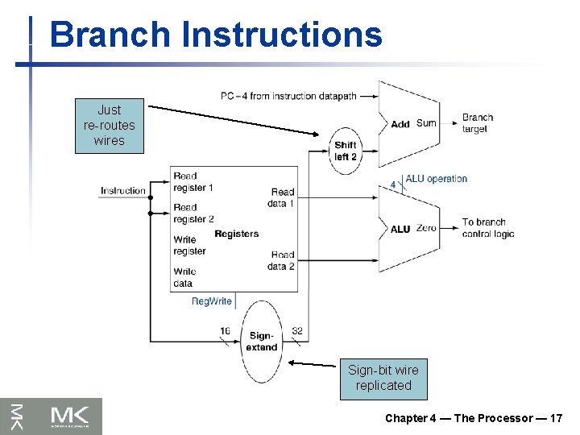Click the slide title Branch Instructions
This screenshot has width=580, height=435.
[216, 35]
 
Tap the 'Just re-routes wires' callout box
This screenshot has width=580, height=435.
[110, 126]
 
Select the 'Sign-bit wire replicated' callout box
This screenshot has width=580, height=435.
[383, 378]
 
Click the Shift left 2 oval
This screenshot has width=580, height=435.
[346, 151]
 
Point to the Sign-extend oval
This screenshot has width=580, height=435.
[261, 342]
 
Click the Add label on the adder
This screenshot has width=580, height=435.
[400, 124]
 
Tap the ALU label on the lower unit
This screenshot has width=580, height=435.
[400, 230]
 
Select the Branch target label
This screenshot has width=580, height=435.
[477, 123]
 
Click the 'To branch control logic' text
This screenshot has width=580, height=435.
[487, 228]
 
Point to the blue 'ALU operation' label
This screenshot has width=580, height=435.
[436, 179]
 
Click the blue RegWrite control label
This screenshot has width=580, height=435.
[211, 301]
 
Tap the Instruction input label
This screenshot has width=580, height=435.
[123, 191]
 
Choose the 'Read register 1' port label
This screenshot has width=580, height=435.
[193, 181]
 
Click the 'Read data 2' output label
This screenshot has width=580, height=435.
[281, 260]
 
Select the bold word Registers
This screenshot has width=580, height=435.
[237, 234]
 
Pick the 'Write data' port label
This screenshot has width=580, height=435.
[184, 277]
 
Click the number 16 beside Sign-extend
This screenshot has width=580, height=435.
[225, 330]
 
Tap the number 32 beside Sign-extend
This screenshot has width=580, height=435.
[297, 330]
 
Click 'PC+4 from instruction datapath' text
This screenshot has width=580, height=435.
[289, 96]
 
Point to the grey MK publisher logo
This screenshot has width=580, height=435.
[52, 416]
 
